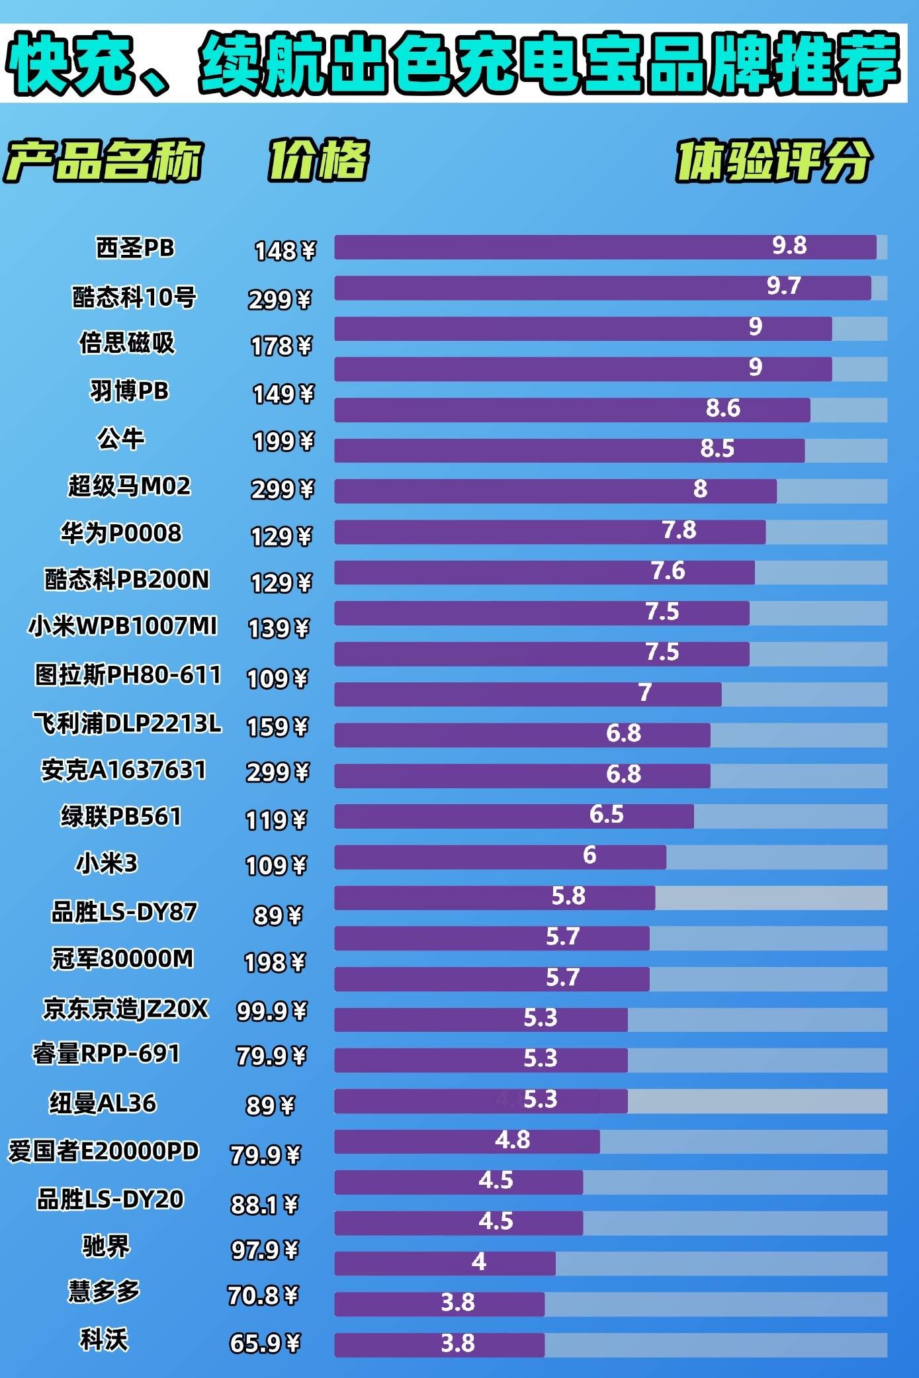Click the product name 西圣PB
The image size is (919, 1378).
point(135,248)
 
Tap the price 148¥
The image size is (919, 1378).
point(285,251)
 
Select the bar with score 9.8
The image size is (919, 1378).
point(605,247)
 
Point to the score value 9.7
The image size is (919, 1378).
point(783,286)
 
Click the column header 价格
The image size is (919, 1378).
point(318,160)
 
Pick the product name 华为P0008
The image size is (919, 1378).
point(121,533)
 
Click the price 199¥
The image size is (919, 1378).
point(283,441)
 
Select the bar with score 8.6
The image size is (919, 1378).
point(572,410)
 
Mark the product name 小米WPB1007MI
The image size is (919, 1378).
point(122,625)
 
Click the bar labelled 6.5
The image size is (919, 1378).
point(513,816)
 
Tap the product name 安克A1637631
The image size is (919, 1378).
point(124,770)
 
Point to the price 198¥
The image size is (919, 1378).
point(275,962)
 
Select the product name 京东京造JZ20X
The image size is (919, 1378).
point(126,1009)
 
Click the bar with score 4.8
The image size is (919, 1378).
point(466,1141)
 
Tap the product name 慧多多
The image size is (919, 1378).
point(104,1291)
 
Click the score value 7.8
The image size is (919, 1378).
point(679,530)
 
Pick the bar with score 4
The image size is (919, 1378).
point(445,1263)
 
